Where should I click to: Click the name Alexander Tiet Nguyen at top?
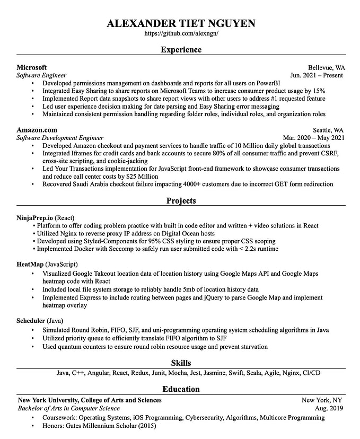coord(180,23)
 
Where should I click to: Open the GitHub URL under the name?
coord(180,33)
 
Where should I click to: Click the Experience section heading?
coord(181,50)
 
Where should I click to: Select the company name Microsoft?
coord(31,67)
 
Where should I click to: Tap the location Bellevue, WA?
coord(327,68)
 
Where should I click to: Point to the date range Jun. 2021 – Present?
coord(317,75)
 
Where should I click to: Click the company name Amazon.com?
coord(37,130)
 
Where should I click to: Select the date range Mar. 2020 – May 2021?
coord(314,138)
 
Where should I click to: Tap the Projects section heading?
coord(181,201)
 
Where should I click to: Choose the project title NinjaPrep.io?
coord(35,217)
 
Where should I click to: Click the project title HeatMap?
coord(30,264)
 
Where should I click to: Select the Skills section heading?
coord(181,363)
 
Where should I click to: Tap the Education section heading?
coord(181,389)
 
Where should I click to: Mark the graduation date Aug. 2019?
coord(329,408)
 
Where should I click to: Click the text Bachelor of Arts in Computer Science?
coord(68,408)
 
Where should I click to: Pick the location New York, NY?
coord(322,400)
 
